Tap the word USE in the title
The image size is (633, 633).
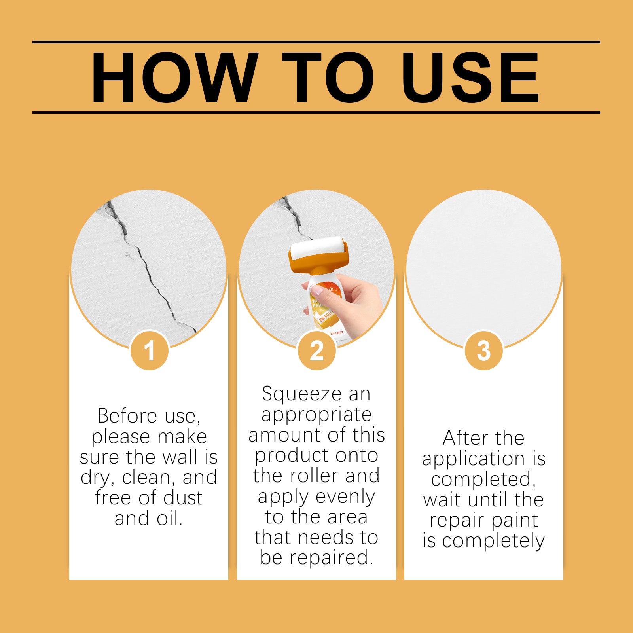[470, 77]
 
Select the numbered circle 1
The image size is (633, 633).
[149, 351]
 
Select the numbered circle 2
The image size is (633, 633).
[316, 351]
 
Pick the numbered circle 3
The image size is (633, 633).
[483, 351]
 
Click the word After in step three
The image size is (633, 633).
[460, 438]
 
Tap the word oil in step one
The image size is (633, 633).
[169, 518]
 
